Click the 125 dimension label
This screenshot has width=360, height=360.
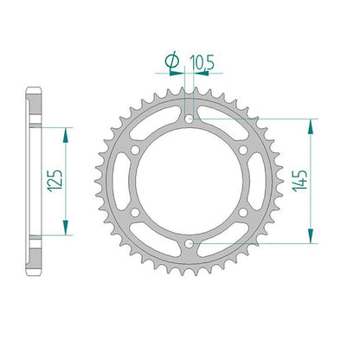[55, 181]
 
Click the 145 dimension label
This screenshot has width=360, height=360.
[299, 181]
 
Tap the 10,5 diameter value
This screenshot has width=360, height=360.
[202, 62]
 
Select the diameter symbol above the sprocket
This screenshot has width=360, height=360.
[172, 61]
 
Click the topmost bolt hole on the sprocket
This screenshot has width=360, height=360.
[189, 119]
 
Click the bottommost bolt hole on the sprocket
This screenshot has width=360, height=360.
[189, 244]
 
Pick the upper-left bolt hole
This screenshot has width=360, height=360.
[135, 150]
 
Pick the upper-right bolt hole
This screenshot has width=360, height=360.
[243, 150]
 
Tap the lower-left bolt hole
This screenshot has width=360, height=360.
[135, 213]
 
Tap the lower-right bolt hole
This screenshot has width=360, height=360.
[243, 213]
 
